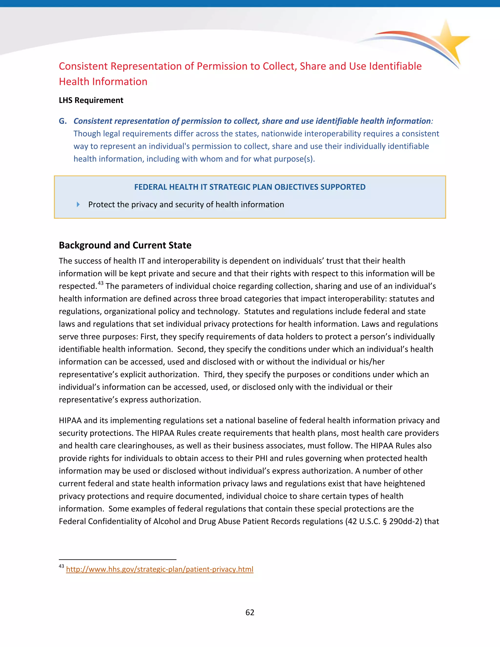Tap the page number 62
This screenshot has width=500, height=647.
(x=250, y=612)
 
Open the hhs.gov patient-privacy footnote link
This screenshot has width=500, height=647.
(x=159, y=569)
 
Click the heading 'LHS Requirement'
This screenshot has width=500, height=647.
(x=91, y=100)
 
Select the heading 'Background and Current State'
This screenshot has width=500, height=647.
(x=125, y=245)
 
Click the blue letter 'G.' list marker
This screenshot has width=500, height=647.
(x=63, y=121)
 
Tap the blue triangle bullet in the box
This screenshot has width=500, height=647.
(x=78, y=204)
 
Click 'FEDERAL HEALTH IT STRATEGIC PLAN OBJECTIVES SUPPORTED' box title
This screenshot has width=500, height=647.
(x=250, y=187)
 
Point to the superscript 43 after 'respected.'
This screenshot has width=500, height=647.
(x=101, y=283)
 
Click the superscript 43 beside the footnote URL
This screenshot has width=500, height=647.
(x=61, y=566)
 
